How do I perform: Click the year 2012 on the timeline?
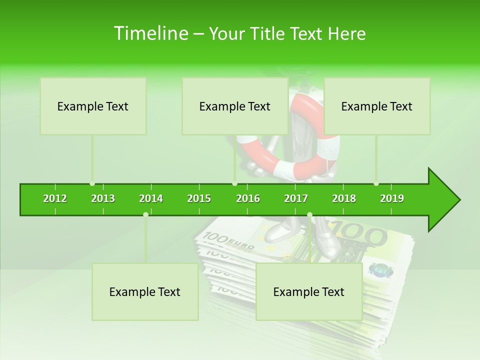click(x=55, y=198)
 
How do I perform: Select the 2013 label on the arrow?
click(x=103, y=198)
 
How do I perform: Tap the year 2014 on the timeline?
click(x=151, y=198)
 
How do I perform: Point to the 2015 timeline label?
click(x=199, y=198)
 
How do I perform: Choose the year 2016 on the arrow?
click(x=248, y=198)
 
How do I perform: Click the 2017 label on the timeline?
click(x=296, y=198)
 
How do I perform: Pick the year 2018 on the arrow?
click(x=344, y=198)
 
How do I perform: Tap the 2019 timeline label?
click(x=392, y=198)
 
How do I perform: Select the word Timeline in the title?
click(x=150, y=33)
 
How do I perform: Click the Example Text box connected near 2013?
click(x=93, y=106)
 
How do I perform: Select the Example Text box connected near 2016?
click(x=235, y=106)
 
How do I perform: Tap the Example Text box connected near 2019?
click(x=377, y=106)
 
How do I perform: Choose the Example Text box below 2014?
click(x=145, y=291)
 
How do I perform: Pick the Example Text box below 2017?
click(x=309, y=291)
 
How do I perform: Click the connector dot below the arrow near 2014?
click(x=145, y=214)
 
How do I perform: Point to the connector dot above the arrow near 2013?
click(x=92, y=183)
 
